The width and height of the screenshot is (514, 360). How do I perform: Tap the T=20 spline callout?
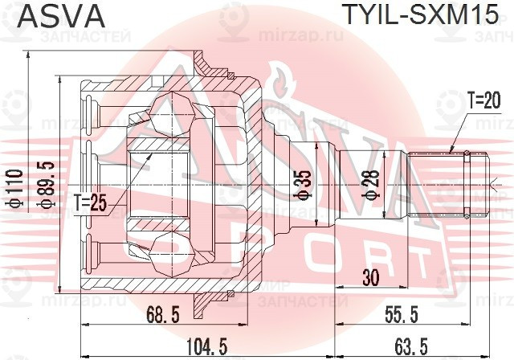[x=483, y=100]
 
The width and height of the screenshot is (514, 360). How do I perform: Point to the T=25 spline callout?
[x=92, y=201]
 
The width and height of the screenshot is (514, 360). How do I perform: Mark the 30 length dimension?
[x=370, y=279]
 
